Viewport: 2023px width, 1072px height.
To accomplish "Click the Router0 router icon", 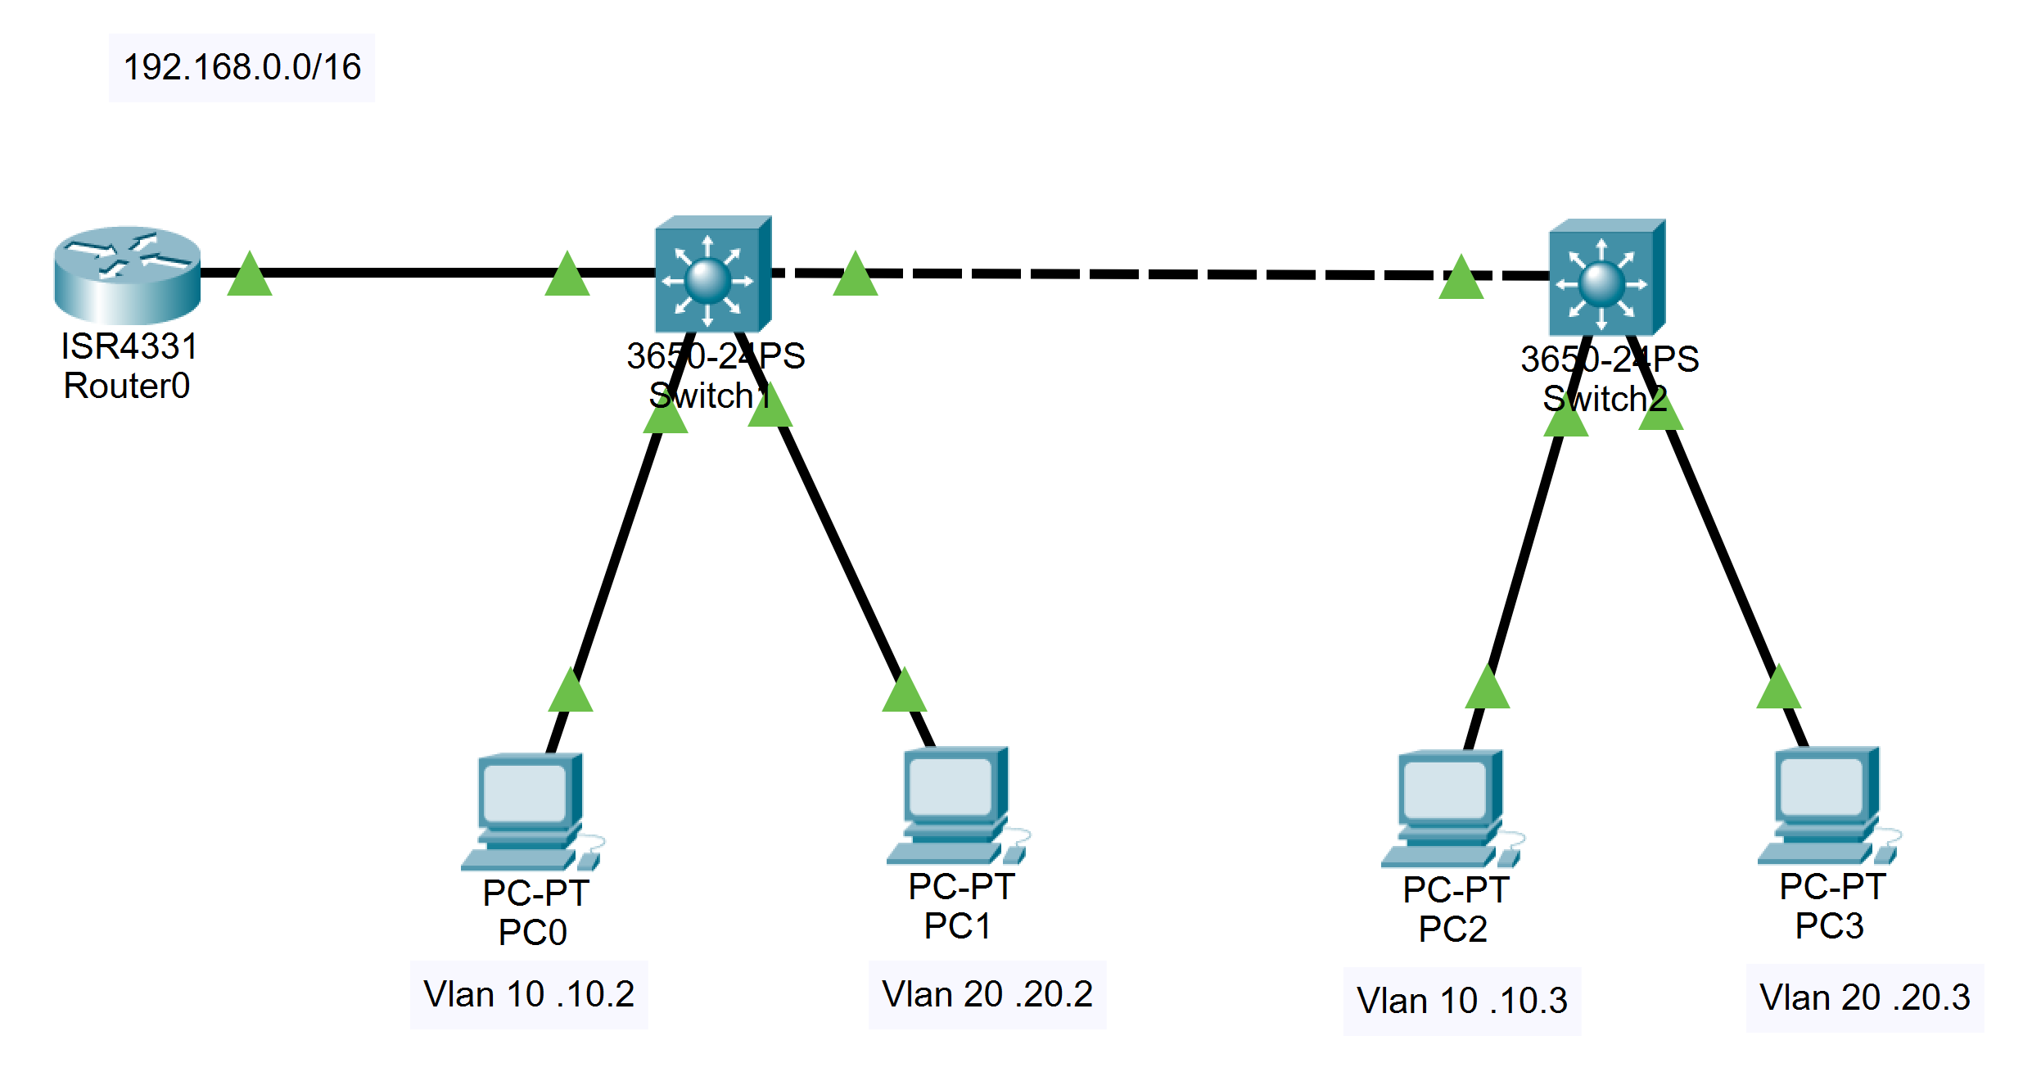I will point(127,274).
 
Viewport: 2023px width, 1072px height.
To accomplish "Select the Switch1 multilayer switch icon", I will point(712,275).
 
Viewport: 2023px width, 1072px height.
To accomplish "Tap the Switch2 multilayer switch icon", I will point(1606,278).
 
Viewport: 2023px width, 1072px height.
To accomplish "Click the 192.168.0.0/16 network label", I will point(242,67).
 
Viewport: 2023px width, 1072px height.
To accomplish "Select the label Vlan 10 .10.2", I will point(529,994).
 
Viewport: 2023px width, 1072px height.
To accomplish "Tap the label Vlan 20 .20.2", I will point(987,994).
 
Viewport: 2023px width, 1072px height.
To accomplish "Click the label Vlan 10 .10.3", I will point(1462,1000).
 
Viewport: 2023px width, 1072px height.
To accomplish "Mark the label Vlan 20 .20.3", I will point(1865,997).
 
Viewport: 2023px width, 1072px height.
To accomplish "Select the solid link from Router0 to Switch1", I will point(409,273).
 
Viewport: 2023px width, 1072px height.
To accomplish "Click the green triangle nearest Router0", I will point(249,275).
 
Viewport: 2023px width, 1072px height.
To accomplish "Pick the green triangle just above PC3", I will point(1778,689).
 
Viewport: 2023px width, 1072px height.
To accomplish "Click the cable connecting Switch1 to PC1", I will point(835,549).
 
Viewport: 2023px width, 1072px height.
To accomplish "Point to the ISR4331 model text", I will point(129,346).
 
